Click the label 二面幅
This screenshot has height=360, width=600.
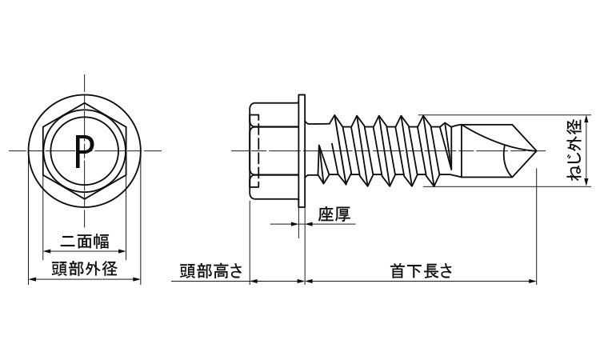point(84,241)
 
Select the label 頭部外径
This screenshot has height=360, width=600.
point(84,269)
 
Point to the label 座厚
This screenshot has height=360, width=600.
point(333,215)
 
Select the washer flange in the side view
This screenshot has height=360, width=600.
point(302,150)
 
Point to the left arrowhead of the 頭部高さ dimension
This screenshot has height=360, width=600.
point(254,281)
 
